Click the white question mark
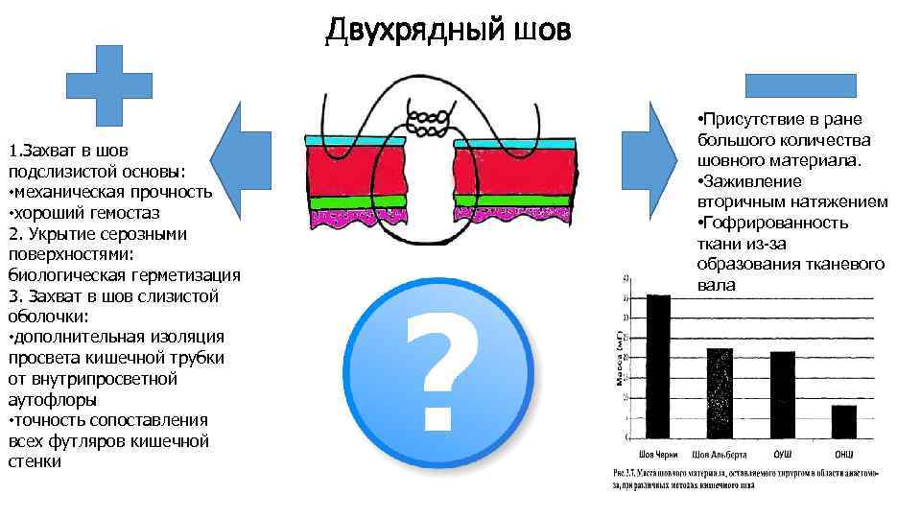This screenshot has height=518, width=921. pyautogui.click(x=438, y=372)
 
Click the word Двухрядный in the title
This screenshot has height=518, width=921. pyautogui.click(x=413, y=31)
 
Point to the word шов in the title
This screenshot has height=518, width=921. pyautogui.click(x=542, y=31)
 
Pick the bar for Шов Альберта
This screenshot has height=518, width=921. pyautogui.click(x=719, y=392)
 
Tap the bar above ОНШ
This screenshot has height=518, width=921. pyautogui.click(x=843, y=421)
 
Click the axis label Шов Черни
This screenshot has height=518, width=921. pyautogui.click(x=659, y=453)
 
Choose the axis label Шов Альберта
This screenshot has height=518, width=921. pyautogui.click(x=719, y=453)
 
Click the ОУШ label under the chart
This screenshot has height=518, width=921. pyautogui.click(x=782, y=453)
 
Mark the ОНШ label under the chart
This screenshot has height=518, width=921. pyautogui.click(x=843, y=453)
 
